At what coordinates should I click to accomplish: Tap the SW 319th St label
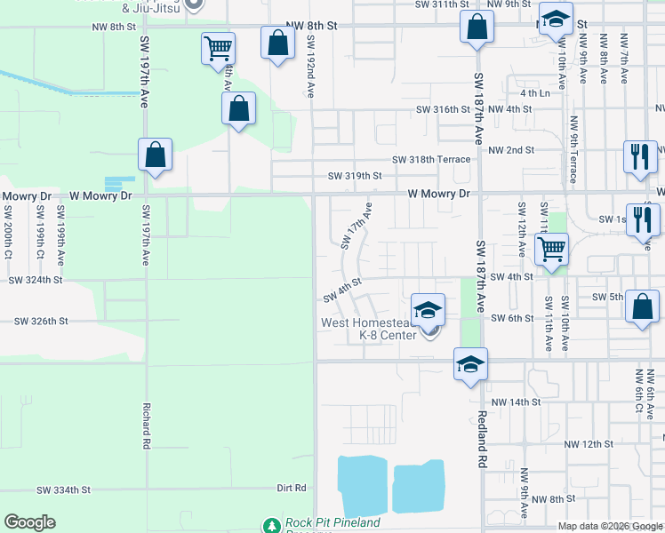[355, 176]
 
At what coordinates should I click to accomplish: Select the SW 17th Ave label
[354, 226]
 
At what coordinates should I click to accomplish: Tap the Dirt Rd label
[291, 488]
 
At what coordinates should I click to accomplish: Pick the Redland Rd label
[481, 440]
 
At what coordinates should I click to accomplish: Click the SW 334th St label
[64, 489]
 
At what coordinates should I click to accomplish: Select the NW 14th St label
[515, 402]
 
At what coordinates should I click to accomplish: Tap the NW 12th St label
[589, 442]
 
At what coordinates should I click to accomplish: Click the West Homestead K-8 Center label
[373, 329]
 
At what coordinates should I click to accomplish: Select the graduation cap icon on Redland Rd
[470, 364]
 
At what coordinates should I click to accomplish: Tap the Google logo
[29, 522]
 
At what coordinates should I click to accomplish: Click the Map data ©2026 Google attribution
[609, 526]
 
